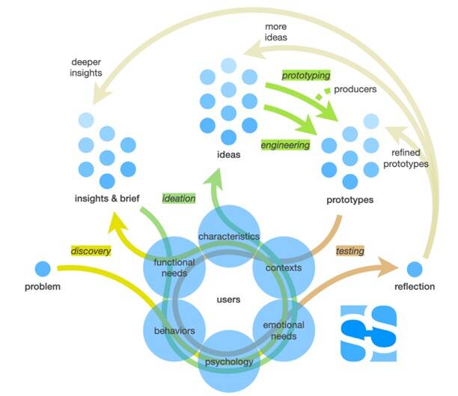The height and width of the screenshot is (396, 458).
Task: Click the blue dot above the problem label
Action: click(x=43, y=267)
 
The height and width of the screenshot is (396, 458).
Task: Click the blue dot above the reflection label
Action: click(x=414, y=269)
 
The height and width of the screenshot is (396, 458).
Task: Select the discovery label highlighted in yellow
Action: click(x=91, y=251)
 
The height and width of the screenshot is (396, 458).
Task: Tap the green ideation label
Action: click(x=179, y=198)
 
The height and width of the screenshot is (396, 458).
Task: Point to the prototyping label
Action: click(x=305, y=76)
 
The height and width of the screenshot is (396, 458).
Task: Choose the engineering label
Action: click(x=284, y=144)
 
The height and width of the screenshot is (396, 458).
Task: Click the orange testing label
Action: click(x=349, y=251)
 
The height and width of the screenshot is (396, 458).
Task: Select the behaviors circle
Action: click(x=175, y=330)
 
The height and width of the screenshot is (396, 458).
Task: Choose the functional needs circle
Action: click(x=174, y=268)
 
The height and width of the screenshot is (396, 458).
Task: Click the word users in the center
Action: click(x=228, y=299)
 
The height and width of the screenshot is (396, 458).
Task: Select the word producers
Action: click(x=354, y=89)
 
